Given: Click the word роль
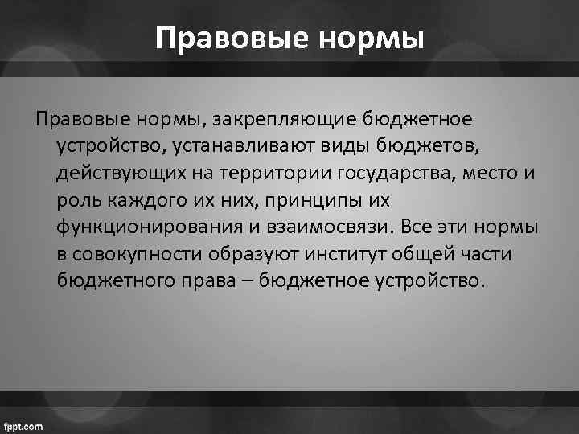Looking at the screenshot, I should pos(77,199).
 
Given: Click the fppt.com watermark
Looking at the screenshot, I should pos(24,425).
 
